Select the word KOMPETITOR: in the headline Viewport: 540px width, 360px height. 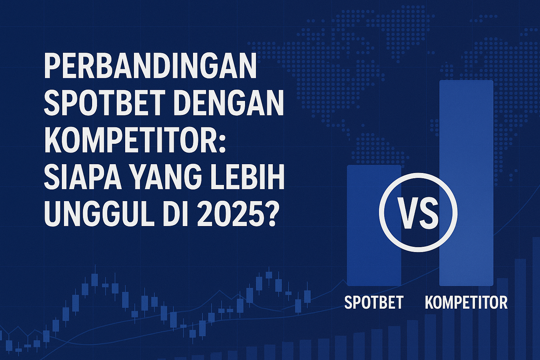click(135, 141)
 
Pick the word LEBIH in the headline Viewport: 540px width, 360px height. click(248, 179)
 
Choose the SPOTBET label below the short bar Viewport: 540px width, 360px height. click(374, 302)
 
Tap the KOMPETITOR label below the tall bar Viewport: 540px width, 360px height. click(466, 302)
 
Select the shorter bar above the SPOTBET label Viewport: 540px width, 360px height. click(374, 225)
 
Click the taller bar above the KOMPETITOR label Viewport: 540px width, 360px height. click(466, 183)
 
